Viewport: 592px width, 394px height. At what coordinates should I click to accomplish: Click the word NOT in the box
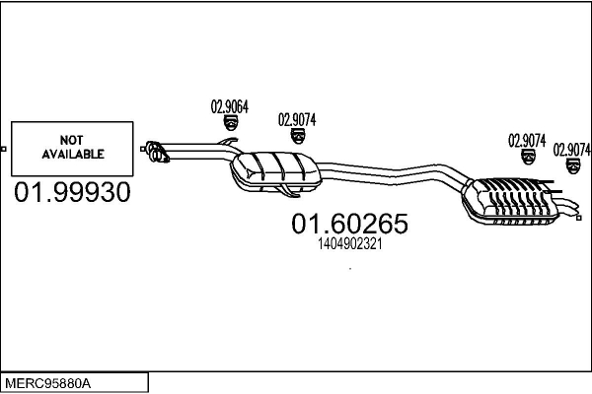[71, 140]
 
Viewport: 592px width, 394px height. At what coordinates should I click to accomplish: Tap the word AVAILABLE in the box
[73, 154]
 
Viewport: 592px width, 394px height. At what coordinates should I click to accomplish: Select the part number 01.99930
[72, 192]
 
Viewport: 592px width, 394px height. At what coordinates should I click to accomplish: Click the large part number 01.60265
[349, 224]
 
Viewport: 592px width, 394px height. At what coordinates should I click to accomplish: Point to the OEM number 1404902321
[350, 244]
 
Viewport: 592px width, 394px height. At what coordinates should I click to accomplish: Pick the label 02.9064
[230, 106]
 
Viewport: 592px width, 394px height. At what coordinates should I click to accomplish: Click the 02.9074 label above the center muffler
[297, 120]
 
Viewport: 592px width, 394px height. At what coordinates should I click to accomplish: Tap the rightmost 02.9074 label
[571, 150]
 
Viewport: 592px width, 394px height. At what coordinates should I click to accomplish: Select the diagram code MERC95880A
[47, 383]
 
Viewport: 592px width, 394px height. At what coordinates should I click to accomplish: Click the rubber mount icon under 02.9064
[230, 123]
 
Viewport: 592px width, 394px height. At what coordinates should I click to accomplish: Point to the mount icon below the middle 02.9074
[528, 157]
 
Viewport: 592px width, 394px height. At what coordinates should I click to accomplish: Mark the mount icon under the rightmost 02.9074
[573, 166]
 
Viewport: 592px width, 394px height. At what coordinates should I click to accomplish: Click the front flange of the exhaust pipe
[157, 151]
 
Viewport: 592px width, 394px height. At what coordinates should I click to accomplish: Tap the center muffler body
[275, 171]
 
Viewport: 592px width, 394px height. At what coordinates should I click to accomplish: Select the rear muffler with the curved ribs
[510, 202]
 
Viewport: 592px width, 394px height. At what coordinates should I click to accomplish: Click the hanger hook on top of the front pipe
[227, 142]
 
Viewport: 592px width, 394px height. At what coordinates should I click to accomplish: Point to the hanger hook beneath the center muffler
[288, 191]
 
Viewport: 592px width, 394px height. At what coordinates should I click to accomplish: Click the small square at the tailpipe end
[579, 218]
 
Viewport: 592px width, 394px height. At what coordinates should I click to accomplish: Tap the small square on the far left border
[3, 149]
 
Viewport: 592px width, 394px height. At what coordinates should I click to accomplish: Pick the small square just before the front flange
[143, 149]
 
